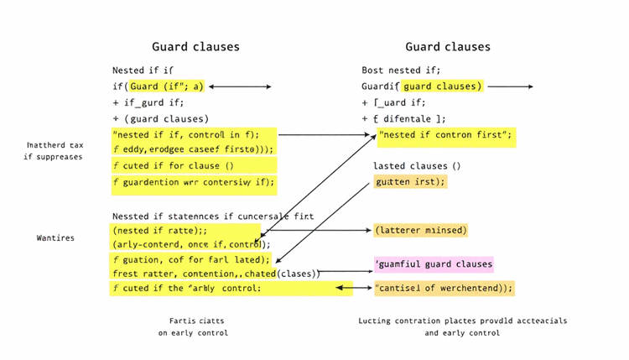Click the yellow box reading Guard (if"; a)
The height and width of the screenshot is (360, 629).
click(x=167, y=86)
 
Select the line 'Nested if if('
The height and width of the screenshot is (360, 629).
click(x=143, y=70)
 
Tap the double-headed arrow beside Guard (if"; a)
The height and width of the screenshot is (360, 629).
click(x=240, y=86)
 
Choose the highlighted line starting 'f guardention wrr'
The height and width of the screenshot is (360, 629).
click(x=193, y=181)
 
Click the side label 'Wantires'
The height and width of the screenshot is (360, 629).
click(x=55, y=238)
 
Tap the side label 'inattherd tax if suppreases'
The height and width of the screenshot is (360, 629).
click(x=54, y=151)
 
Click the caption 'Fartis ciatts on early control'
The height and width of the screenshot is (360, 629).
click(x=193, y=326)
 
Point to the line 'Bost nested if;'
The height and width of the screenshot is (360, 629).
click(x=401, y=70)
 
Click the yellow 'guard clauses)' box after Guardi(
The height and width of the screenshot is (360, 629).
click(x=442, y=86)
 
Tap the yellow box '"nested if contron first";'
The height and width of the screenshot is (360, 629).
click(x=446, y=134)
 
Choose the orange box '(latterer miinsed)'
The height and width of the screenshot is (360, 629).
click(x=421, y=230)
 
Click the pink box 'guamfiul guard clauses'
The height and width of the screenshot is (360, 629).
click(x=434, y=264)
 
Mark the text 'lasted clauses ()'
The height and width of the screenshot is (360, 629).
click(x=417, y=166)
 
